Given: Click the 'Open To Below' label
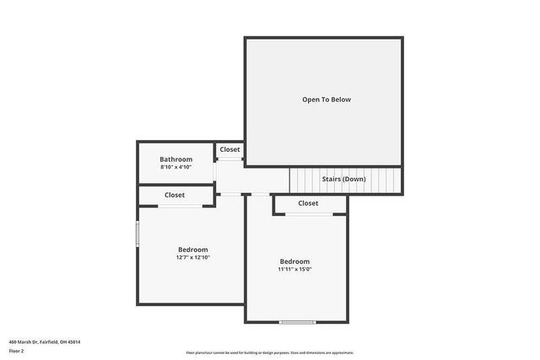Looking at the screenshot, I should click(326, 99).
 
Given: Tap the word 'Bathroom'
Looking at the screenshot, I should click(176, 159).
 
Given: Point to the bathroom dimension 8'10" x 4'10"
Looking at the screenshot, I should click(176, 167).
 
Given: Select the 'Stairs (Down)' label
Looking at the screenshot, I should click(344, 179).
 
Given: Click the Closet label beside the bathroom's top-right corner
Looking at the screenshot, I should click(229, 149).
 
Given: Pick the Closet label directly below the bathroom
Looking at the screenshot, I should click(175, 195).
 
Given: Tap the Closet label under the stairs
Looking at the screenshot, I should click(308, 203).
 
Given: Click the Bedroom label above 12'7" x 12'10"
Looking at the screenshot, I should click(192, 250).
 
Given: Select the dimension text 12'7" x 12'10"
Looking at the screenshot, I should click(192, 257).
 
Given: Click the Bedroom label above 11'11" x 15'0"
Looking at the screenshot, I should click(294, 261).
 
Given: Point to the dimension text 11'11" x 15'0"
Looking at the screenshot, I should click(294, 269).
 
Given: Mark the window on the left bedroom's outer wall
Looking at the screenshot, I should click(138, 234).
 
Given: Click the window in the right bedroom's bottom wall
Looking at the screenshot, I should click(297, 322).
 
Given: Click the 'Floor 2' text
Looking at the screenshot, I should click(17, 350).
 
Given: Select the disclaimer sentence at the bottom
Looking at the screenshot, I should click(269, 352).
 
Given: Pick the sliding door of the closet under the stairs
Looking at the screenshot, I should click(308, 214).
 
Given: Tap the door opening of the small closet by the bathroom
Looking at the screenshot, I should click(229, 159).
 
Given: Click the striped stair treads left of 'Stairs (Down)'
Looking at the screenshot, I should click(304, 180).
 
